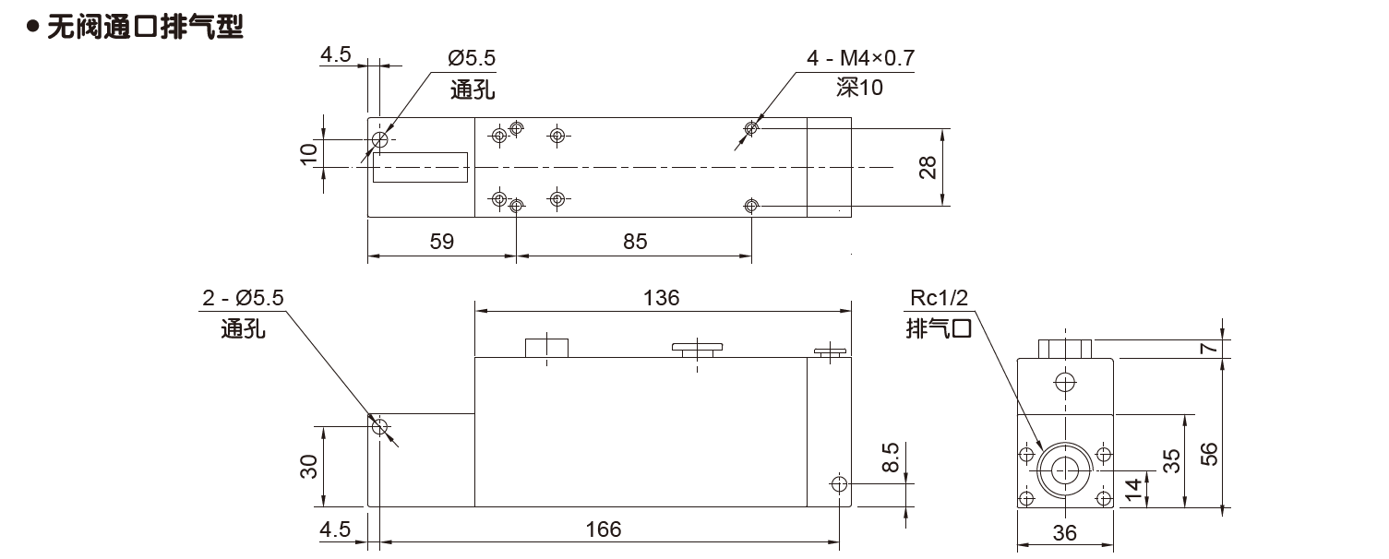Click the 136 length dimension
coord(662,298)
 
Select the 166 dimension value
coord(605,529)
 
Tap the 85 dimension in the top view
coord(635,242)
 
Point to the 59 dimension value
coord(442,242)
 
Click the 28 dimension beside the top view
coord(928,167)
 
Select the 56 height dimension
coord(1210,453)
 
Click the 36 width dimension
coord(1064,533)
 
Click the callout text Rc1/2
coord(939,299)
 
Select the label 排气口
coord(939,327)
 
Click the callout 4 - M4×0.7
coord(860,59)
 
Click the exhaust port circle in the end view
coord(1064,471)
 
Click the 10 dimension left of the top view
coord(310,152)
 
